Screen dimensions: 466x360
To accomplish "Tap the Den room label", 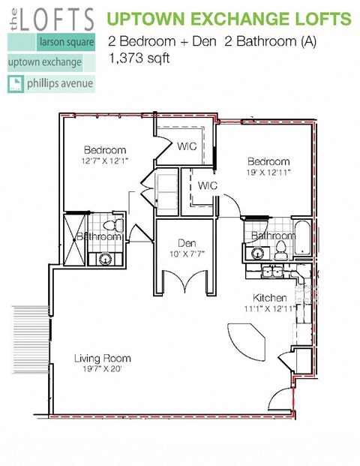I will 187,243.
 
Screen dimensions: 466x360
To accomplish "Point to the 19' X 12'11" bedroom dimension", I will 268,173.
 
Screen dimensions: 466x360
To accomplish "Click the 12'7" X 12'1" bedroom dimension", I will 104,161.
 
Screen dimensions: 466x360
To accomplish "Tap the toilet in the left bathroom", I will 112,226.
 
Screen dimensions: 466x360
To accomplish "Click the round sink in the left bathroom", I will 106,260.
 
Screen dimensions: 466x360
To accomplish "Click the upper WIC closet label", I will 187,146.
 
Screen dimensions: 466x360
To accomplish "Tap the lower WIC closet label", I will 208,185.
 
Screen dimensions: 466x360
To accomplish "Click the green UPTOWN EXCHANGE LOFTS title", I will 229,18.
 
